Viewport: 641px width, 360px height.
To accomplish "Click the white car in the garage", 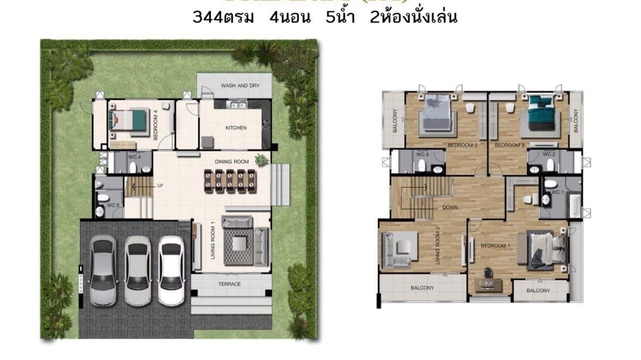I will [x=171, y=270].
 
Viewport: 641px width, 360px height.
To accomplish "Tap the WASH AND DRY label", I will [x=240, y=85].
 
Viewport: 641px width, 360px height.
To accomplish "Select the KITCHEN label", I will [x=236, y=128].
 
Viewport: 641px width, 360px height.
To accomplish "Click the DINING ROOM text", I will [x=232, y=162].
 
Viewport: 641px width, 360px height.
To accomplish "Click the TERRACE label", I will [x=230, y=284].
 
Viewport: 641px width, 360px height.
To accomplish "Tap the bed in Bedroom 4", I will [x=128, y=119].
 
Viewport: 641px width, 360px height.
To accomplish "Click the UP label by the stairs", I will [x=160, y=186].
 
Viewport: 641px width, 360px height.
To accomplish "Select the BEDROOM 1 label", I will [x=493, y=246].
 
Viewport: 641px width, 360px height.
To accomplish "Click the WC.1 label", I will [x=557, y=192].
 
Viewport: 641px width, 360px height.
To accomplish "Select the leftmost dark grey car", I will [x=103, y=270].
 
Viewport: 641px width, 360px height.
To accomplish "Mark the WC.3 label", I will [x=422, y=154].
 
